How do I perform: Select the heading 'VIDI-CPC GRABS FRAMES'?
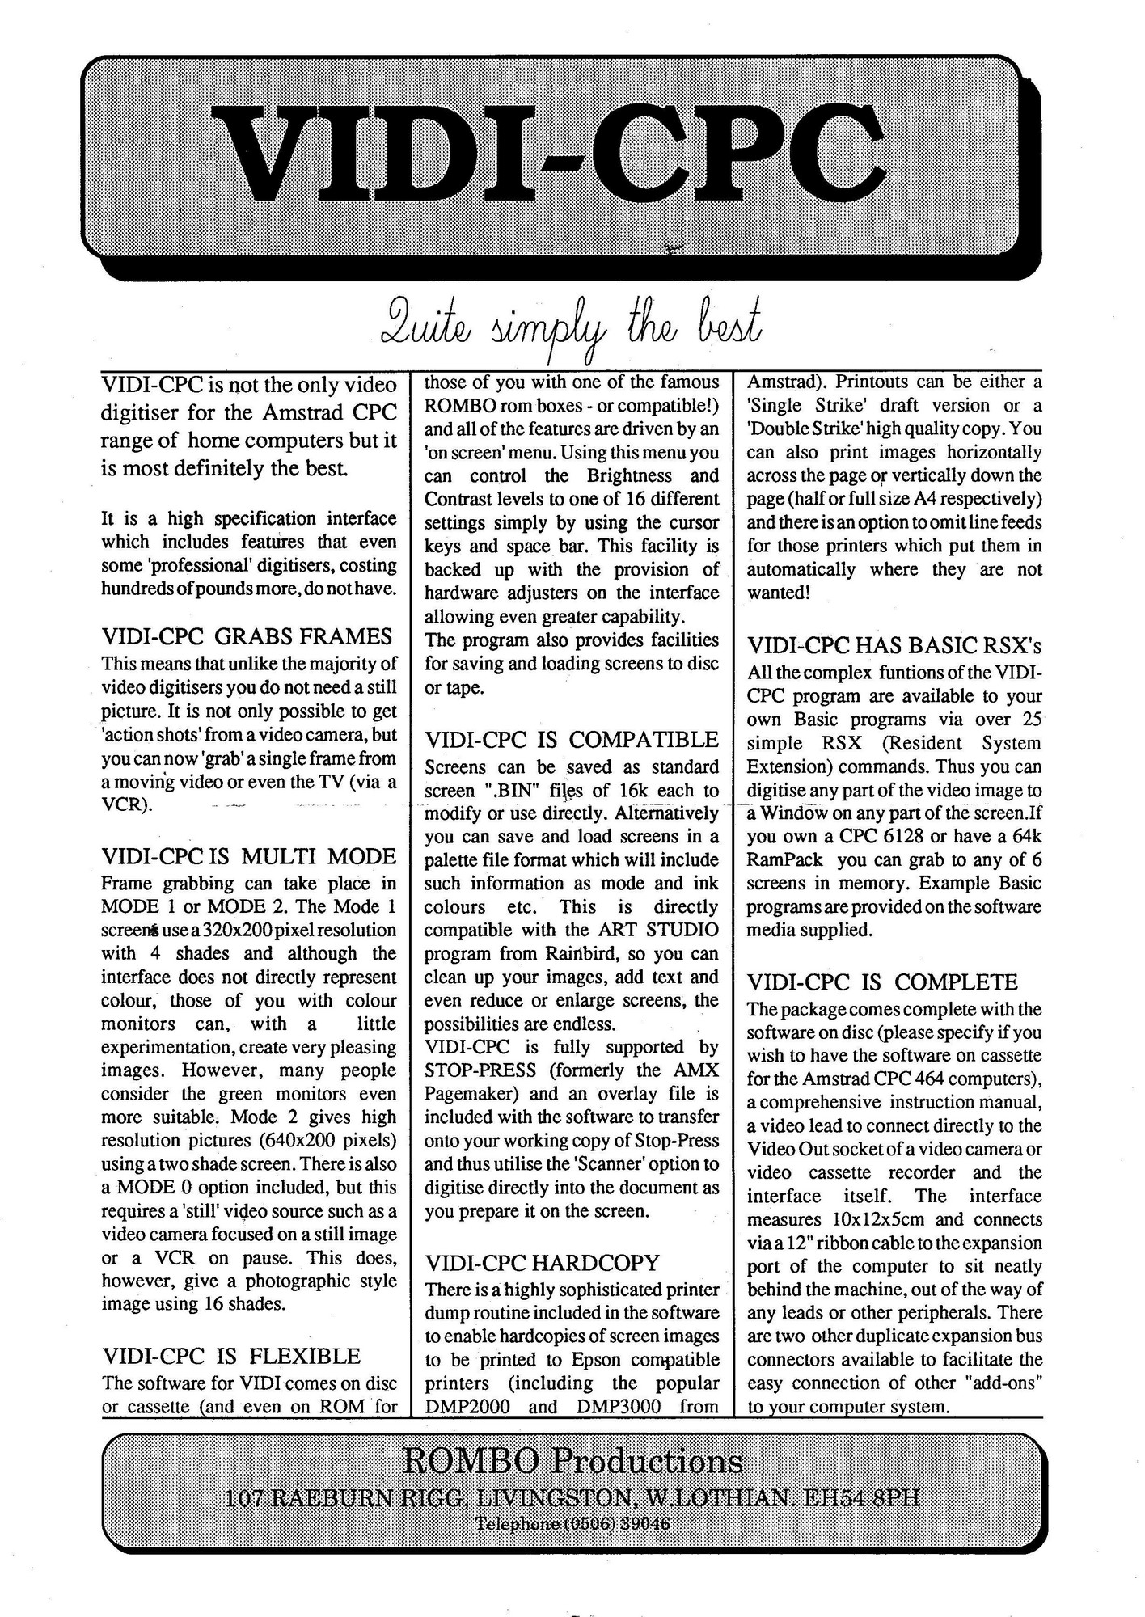(x=247, y=637)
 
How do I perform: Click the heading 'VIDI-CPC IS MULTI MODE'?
(x=248, y=856)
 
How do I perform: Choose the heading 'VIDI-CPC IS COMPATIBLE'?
(x=571, y=740)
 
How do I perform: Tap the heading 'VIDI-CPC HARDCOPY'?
(x=542, y=1263)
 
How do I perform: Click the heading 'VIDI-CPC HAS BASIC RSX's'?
(x=894, y=645)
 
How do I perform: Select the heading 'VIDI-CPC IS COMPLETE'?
(x=881, y=982)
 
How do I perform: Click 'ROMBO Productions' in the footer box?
(x=572, y=1461)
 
